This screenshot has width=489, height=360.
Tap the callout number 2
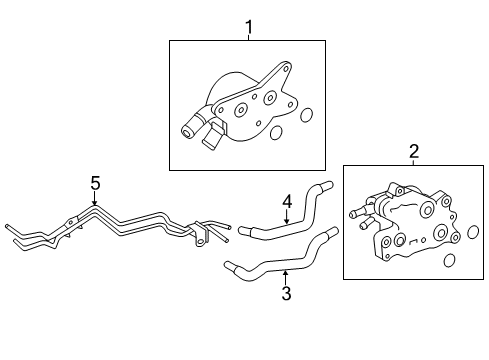[x=414, y=151]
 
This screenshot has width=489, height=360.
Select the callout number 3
[x=285, y=293]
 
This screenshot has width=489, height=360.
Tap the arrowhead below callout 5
[x=95, y=204]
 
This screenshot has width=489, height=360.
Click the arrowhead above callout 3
[x=285, y=270]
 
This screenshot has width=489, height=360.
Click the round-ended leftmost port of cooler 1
[x=186, y=128]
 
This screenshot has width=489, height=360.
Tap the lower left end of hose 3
[x=229, y=266]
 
